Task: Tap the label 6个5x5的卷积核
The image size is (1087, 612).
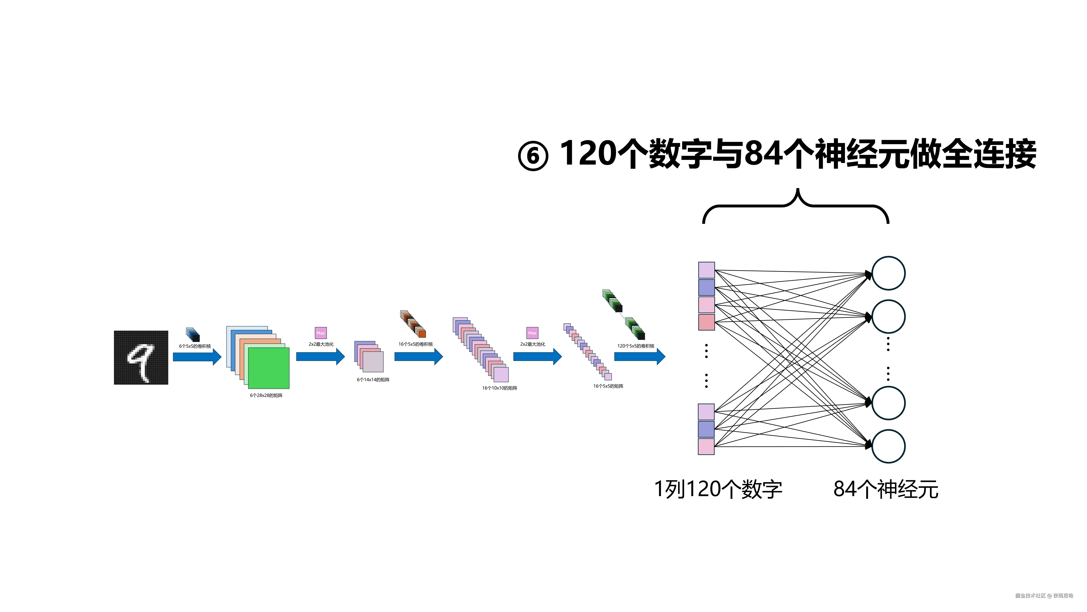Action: [195, 346]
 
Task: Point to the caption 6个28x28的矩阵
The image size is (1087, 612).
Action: [266, 395]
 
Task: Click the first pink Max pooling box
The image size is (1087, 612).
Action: [321, 333]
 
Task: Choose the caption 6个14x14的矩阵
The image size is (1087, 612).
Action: [373, 380]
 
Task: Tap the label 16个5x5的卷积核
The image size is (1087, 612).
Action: [416, 344]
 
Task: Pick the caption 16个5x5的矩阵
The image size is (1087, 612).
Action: [608, 386]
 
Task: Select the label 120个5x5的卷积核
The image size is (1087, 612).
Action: [636, 346]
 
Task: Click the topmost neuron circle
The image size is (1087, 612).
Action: [888, 273]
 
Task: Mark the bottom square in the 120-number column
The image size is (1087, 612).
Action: [706, 446]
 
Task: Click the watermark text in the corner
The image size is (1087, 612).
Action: [1044, 595]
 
